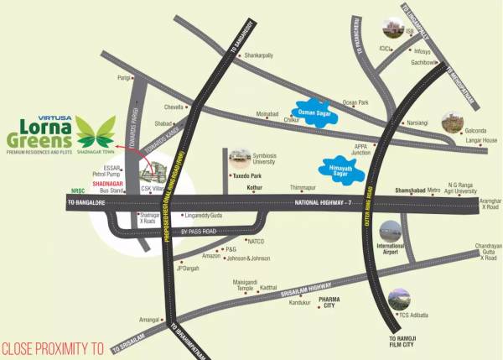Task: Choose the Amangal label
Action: tap(149, 320)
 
